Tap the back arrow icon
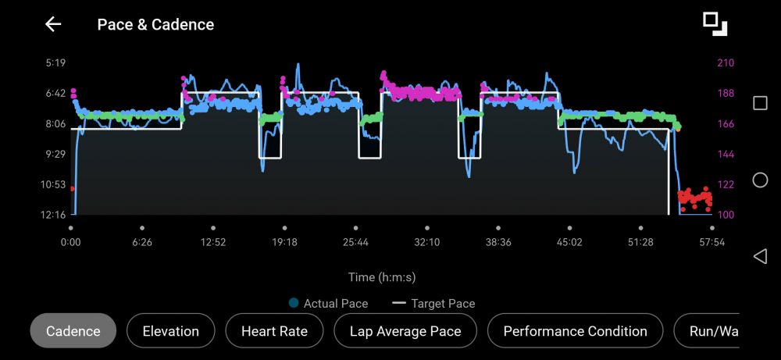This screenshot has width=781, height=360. pos(53,24)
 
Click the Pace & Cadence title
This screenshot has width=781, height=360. pos(155,25)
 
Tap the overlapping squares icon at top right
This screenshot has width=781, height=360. pos(715,23)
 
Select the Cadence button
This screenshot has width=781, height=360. pos(73,331)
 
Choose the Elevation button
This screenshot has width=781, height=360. pos(170,331)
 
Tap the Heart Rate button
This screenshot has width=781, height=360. pos(274,331)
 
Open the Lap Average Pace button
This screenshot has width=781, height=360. pos(405,331)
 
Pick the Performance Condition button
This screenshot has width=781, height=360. pos(575,331)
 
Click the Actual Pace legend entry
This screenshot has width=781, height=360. pos(328,303)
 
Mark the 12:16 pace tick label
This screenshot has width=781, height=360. pos(53,215)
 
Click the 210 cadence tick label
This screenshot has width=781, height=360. pos(726,62)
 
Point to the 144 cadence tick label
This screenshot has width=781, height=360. pos(726,154)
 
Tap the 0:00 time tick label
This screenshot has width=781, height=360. pos(71,242)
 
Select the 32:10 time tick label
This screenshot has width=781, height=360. pos(427,242)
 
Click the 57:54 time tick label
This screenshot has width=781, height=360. pos(712,242)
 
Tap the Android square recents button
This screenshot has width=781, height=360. pos(760,103)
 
